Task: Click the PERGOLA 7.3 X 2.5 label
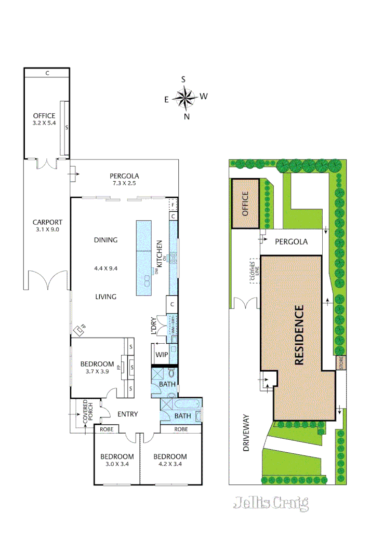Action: point(124,179)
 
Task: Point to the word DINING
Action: point(105,240)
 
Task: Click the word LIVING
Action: point(105,297)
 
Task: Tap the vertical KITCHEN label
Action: point(160,253)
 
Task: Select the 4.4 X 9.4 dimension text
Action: point(105,268)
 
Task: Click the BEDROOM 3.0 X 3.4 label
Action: point(117,460)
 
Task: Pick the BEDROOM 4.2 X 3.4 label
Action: point(170,460)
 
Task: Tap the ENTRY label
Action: point(127,414)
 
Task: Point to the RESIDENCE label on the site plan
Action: point(299,336)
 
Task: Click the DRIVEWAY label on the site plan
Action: point(246,433)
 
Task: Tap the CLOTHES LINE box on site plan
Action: point(254,271)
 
